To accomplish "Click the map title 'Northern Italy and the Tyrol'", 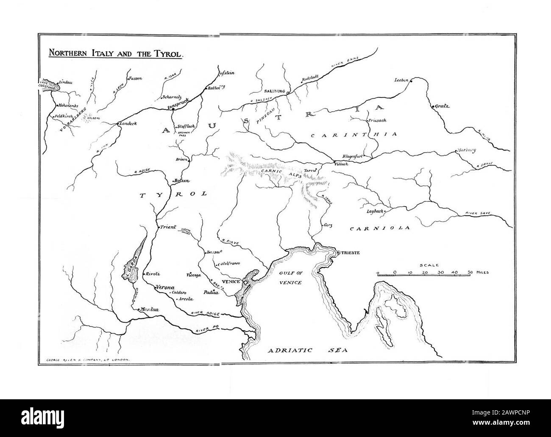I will point(115,54).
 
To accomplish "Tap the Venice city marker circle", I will point(245,282).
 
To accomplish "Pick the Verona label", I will point(166,287).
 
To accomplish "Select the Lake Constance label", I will point(47,84).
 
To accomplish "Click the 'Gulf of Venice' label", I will point(290,278).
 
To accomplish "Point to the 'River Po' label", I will point(207,328).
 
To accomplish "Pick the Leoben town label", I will point(401,80).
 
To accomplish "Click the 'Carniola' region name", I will point(380,228).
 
